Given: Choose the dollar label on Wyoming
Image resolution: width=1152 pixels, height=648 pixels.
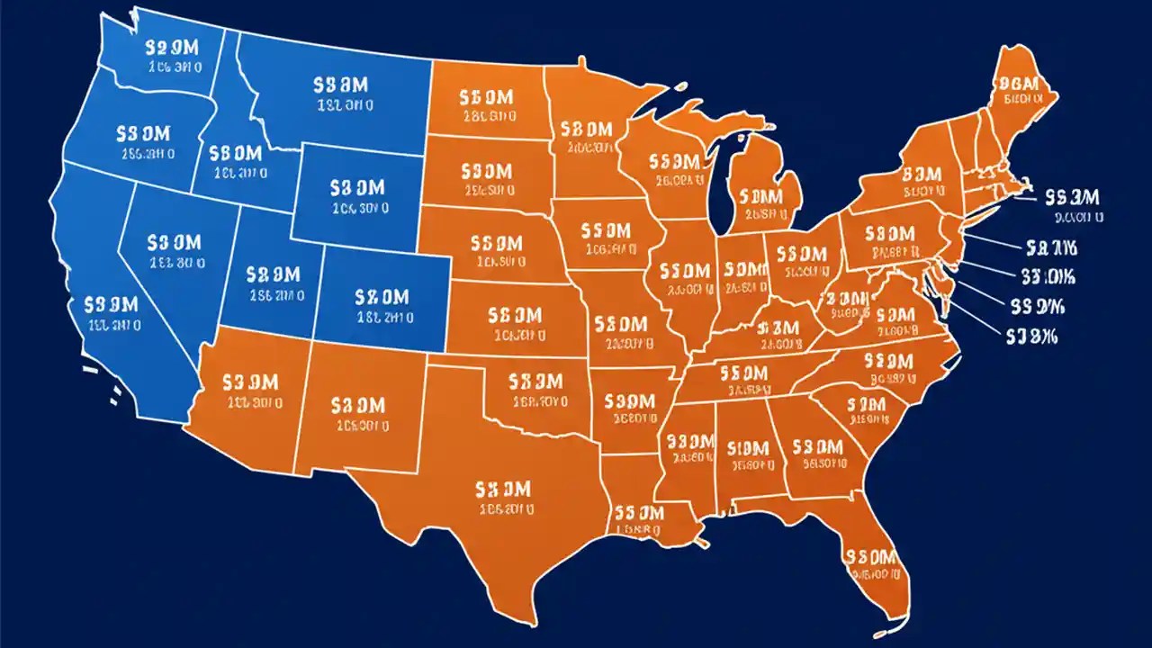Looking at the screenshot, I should click(357, 188).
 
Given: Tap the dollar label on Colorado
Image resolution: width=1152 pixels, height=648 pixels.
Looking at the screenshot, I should click(382, 298).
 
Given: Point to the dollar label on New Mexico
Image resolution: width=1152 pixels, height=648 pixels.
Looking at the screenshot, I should click(358, 407).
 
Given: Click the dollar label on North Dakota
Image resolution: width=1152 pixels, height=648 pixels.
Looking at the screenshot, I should click(487, 97).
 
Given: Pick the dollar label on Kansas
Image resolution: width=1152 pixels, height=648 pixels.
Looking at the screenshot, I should click(515, 316).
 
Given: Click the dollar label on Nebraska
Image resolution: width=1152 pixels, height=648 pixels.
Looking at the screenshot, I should click(496, 244).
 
